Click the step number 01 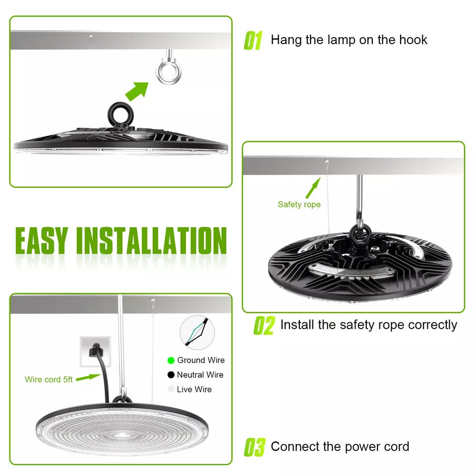pyautogui.click(x=253, y=40)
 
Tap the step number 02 pyautogui.click(x=264, y=325)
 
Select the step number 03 pyautogui.click(x=254, y=447)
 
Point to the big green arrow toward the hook pyautogui.click(x=137, y=91)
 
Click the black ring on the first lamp pyautogui.click(x=120, y=115)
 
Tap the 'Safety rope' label pyautogui.click(x=299, y=205)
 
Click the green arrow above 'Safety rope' pyautogui.click(x=313, y=188)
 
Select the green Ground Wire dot pyautogui.click(x=171, y=360)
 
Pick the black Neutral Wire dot pyautogui.click(x=171, y=375)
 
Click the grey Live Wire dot pyautogui.click(x=171, y=389)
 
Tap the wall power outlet pyautogui.click(x=95, y=352)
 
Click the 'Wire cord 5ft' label pyautogui.click(x=49, y=379)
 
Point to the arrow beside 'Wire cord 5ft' pyautogui.click(x=88, y=377)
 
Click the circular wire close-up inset pyautogui.click(x=197, y=332)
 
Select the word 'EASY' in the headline pyautogui.click(x=41, y=240)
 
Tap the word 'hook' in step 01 pyautogui.click(x=413, y=40)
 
